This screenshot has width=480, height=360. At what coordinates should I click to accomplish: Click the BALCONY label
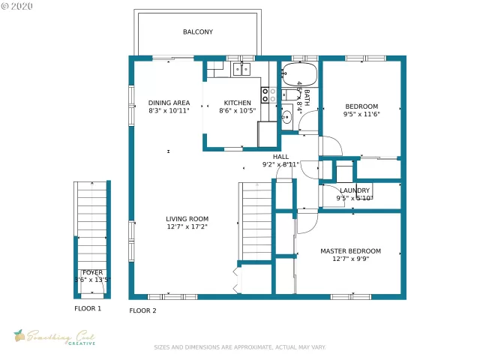coord(198,32)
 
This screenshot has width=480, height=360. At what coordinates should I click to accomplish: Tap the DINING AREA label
coord(169,103)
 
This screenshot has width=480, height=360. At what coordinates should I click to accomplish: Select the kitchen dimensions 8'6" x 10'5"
coord(237,111)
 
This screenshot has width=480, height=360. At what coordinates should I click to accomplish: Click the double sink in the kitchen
coord(241,70)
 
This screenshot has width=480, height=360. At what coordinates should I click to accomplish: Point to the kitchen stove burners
coord(268,94)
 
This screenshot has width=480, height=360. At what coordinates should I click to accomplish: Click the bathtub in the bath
coord(300,73)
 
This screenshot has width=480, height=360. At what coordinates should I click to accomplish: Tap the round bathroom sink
coord(287,117)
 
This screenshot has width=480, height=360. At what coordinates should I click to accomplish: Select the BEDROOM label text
coord(361,106)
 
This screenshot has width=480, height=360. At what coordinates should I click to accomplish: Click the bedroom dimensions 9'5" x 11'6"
coord(361,115)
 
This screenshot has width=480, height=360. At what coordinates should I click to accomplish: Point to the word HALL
coord(280,157)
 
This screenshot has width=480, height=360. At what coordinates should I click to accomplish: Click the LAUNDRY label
coord(355,190)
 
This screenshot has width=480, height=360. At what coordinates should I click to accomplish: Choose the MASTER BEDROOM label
coord(350,251)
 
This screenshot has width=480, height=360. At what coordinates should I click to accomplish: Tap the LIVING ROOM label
coord(187,219)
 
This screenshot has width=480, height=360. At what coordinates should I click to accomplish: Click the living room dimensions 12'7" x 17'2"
coord(187,227)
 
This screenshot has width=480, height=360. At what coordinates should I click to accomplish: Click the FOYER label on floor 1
coord(92,272)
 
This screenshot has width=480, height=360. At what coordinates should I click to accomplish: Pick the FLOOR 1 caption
coord(88,308)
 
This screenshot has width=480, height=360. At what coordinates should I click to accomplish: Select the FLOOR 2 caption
coord(142,310)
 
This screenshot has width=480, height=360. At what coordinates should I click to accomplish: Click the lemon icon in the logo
coord(19,335)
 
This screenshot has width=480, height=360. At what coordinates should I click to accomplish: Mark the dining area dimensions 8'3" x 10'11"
coord(169,111)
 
